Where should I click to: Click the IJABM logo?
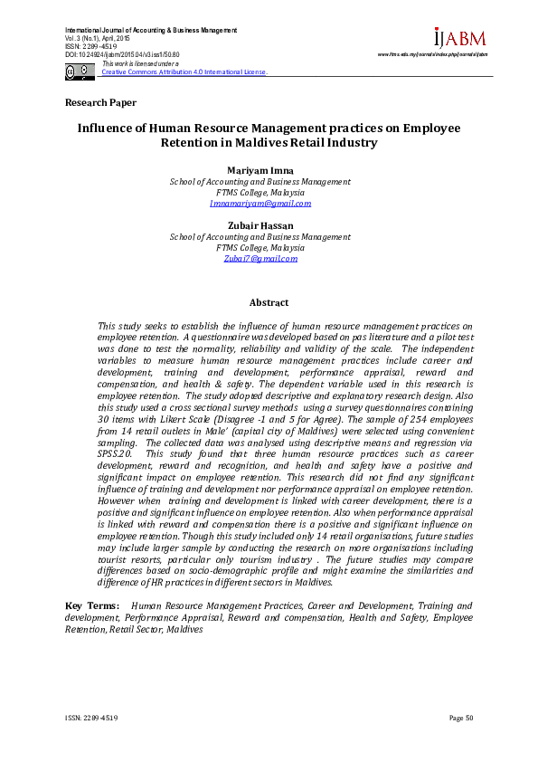(x=459, y=39)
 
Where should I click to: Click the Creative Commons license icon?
(x=80, y=71)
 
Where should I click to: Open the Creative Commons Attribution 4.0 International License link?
(x=184, y=71)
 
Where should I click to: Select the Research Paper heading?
(x=100, y=103)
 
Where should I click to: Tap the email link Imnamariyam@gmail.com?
(x=260, y=204)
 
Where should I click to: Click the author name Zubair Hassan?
(x=260, y=225)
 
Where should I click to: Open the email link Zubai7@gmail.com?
(x=260, y=259)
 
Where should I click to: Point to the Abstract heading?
(x=269, y=303)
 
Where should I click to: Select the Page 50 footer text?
(x=461, y=718)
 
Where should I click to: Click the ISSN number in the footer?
(x=91, y=718)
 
